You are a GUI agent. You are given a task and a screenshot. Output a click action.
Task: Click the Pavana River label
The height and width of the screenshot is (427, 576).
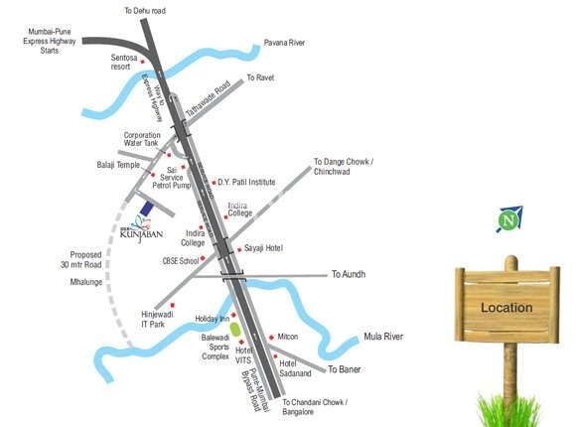click(x=284, y=44)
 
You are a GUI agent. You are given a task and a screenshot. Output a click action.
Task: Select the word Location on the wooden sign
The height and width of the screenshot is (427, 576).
click(x=506, y=308)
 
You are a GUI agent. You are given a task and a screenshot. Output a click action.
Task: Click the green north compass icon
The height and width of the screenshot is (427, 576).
click(x=510, y=218)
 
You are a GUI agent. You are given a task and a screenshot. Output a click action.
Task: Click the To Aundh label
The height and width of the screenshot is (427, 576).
click(x=351, y=274)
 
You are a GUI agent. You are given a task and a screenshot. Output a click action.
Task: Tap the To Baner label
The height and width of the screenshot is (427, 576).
click(x=344, y=370)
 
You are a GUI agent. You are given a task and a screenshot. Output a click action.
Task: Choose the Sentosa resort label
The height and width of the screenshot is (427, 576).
click(x=128, y=62)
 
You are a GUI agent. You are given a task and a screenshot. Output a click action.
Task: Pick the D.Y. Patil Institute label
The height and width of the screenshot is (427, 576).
click(x=247, y=182)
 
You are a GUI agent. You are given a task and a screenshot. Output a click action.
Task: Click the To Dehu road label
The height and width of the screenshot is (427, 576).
click(x=145, y=10)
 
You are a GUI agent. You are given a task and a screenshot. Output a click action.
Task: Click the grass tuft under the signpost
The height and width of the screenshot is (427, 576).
click(x=508, y=408)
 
